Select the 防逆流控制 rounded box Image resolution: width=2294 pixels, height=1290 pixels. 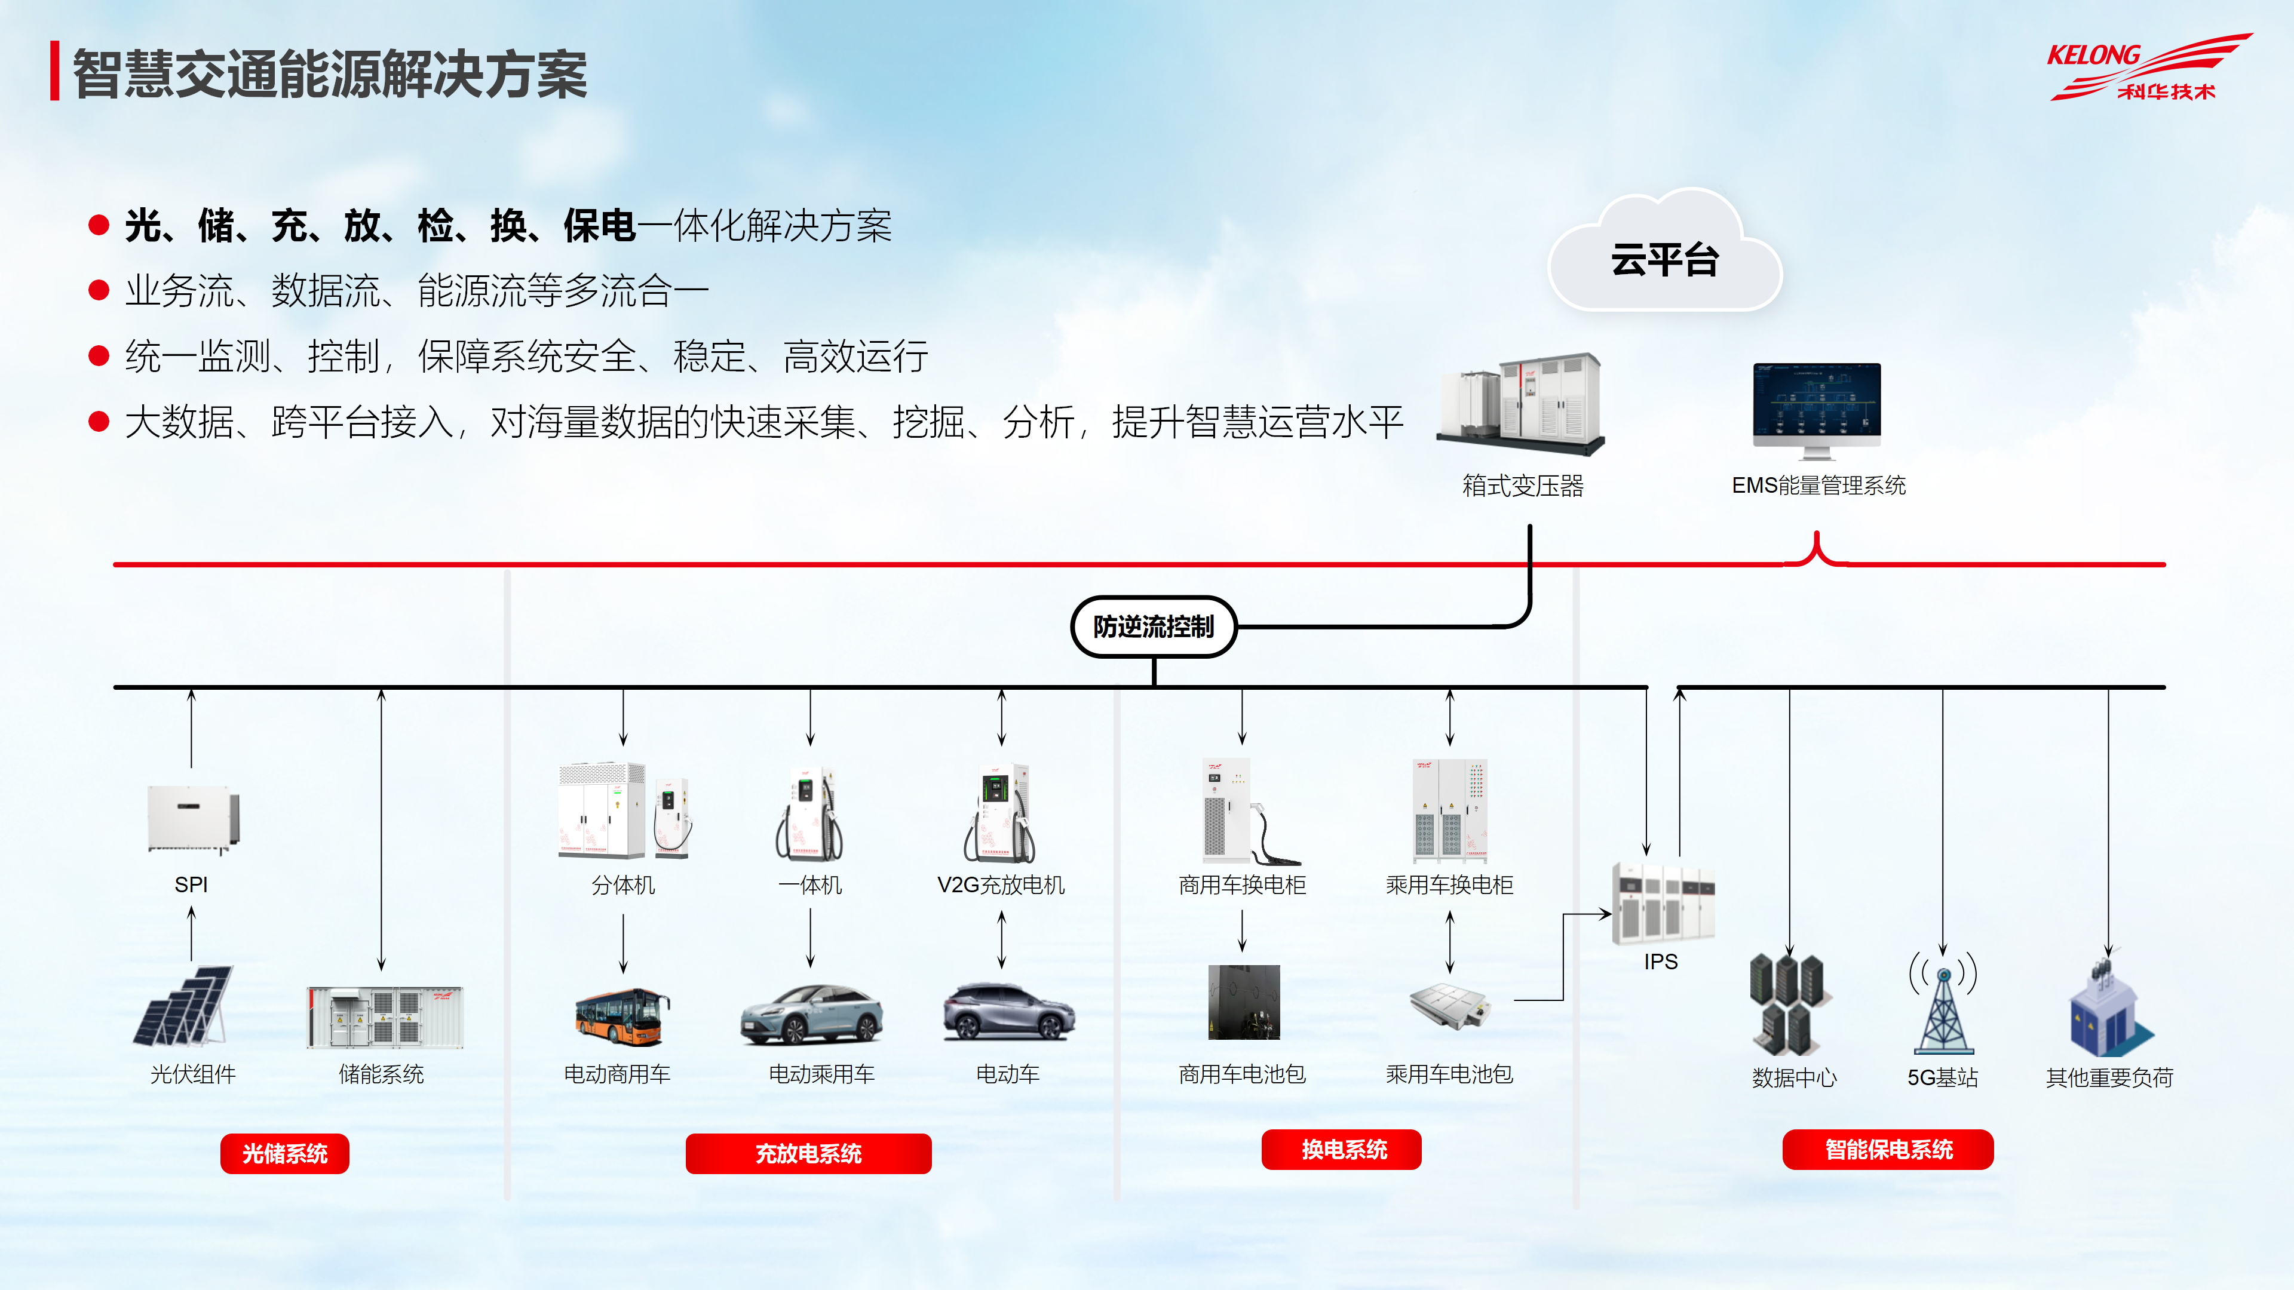(x=1153, y=626)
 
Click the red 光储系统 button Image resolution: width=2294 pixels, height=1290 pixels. (x=285, y=1154)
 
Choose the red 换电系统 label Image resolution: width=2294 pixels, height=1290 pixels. (x=1341, y=1149)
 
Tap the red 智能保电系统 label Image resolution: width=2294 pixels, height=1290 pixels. (x=1887, y=1149)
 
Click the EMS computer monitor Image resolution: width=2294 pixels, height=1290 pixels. (x=1817, y=410)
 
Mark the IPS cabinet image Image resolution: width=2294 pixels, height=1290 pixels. (x=1662, y=904)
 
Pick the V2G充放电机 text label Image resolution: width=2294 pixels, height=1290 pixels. (x=1001, y=885)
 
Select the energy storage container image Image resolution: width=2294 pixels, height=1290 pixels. (x=385, y=1016)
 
